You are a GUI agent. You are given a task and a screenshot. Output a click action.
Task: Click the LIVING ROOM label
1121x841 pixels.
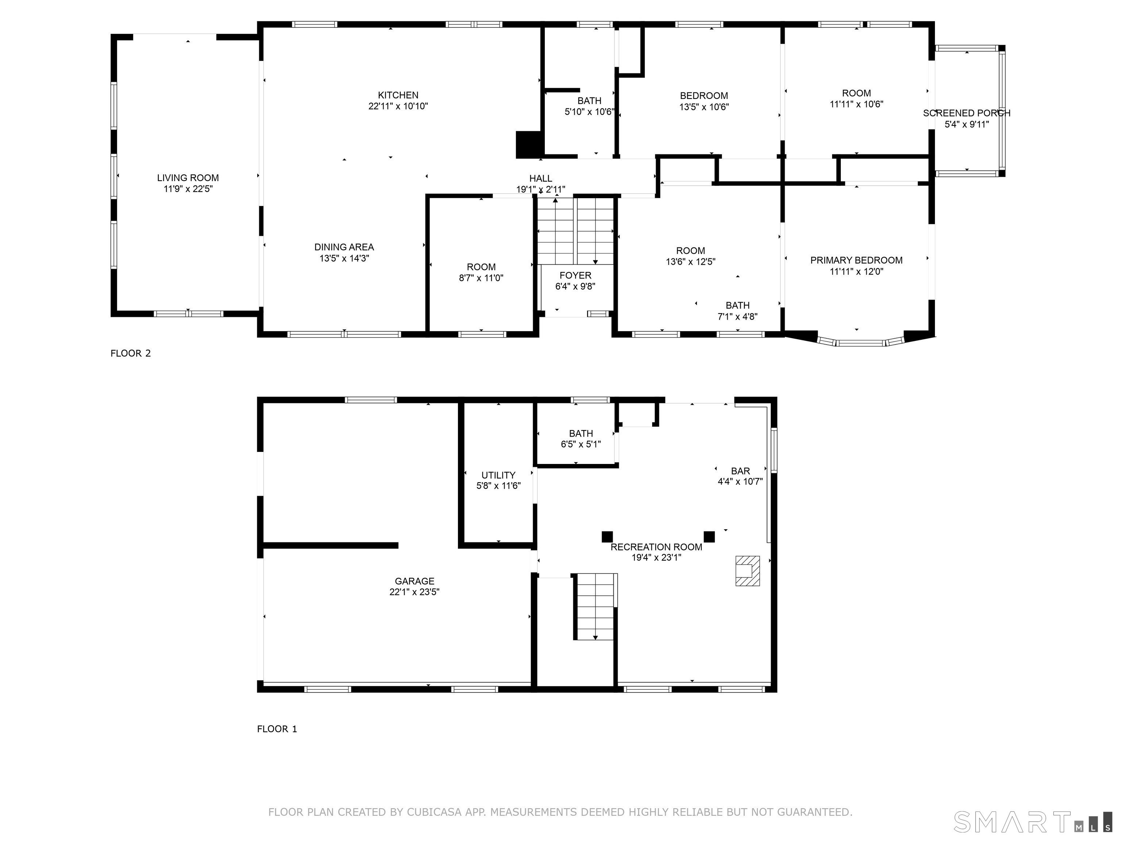188,178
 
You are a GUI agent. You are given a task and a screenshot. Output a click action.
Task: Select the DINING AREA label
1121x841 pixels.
344,247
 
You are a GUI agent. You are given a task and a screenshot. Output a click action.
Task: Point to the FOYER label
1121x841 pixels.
575,275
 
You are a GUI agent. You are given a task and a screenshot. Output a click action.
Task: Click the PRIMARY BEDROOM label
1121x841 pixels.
856,261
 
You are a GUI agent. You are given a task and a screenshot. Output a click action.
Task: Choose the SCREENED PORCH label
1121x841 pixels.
966,114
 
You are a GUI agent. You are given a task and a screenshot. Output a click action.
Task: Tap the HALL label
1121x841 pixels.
541,178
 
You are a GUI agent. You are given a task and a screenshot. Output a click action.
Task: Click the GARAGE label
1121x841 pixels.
415,581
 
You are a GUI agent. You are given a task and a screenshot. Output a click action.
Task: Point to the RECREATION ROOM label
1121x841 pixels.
656,547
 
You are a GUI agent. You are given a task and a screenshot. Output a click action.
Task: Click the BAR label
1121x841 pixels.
740,471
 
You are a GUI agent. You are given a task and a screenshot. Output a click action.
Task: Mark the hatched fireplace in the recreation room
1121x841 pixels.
747,571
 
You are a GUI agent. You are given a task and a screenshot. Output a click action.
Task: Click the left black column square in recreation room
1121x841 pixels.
607,536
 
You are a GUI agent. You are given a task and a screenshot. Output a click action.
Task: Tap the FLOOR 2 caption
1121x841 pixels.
131,353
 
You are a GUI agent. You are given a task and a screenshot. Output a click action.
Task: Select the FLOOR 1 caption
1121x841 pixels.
277,729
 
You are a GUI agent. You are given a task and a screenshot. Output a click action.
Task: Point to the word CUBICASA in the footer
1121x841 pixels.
434,812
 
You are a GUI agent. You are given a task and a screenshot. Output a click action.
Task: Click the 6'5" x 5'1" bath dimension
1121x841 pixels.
581,445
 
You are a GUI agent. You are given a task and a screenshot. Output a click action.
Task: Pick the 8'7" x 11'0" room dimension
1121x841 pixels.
481,278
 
